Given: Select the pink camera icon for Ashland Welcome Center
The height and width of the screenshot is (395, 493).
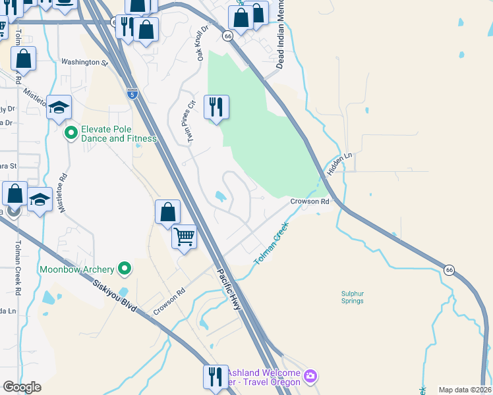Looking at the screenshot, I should pyautogui.click(x=310, y=377).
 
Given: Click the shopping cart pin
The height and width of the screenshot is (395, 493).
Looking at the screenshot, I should pyautogui.click(x=185, y=236).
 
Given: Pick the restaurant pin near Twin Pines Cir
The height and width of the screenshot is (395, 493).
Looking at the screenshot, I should pyautogui.click(x=216, y=107).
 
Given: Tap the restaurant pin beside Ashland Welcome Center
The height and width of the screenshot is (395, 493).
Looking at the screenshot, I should pyautogui.click(x=216, y=376).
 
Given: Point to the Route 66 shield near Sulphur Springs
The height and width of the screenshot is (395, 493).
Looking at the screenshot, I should pyautogui.click(x=449, y=270).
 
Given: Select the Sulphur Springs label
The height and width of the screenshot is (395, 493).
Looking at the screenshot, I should pyautogui.click(x=353, y=297).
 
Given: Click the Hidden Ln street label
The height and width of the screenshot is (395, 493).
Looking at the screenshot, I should pyautogui.click(x=341, y=165).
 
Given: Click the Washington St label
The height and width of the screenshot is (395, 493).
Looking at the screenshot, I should pyautogui.click(x=84, y=63).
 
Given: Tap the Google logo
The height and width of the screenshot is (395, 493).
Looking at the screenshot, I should pyautogui.click(x=22, y=387).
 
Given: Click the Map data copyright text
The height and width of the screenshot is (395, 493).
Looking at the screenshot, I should pyautogui.click(x=464, y=390).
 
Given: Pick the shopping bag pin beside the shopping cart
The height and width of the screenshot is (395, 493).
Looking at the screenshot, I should pyautogui.click(x=168, y=212).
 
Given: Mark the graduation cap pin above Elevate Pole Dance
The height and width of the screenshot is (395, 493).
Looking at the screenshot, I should pyautogui.click(x=59, y=107).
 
